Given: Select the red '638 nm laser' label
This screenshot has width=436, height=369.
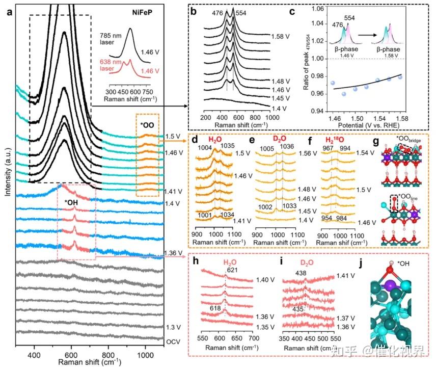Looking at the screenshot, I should (108, 67).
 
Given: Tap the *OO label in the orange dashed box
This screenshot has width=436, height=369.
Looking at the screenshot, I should (148, 125).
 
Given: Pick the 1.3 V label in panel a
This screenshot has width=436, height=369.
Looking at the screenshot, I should (172, 327).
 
